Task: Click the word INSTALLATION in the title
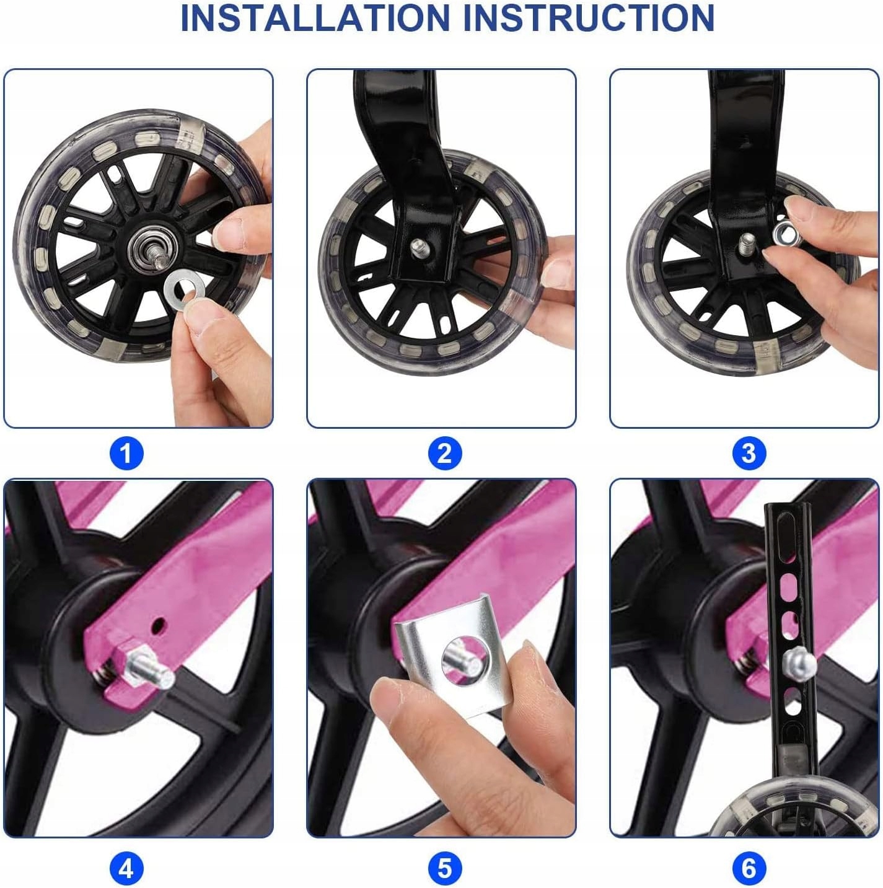point(315,17)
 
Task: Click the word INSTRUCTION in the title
point(588,17)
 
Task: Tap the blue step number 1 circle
point(126,454)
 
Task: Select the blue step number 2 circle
point(444,454)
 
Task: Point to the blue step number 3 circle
point(749,454)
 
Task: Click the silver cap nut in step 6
point(799,662)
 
